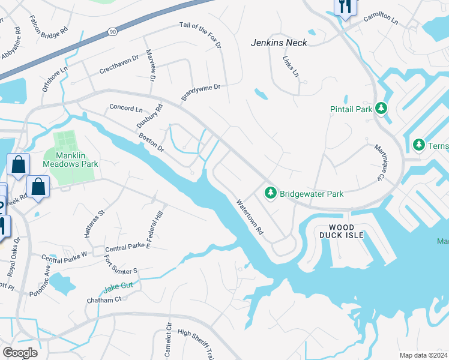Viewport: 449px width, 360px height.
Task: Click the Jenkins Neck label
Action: pos(279,43)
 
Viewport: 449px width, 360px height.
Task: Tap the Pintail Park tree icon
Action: pos(381,109)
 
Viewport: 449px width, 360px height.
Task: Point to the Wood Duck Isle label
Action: pos(346,231)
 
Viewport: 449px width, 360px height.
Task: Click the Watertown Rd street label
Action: pos(249,217)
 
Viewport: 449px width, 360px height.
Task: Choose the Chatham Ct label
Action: pos(104,299)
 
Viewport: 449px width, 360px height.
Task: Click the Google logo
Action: pos(20,353)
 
